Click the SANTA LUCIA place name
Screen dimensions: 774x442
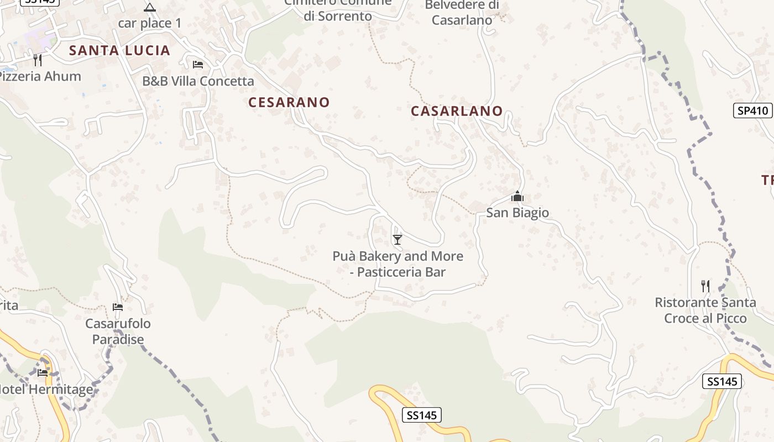(119, 51)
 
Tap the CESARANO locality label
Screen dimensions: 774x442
(289, 102)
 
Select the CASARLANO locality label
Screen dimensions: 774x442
(457, 111)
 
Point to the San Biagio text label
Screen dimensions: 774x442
(517, 213)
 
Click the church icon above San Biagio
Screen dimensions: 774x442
(517, 197)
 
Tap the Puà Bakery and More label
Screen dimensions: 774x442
(398, 264)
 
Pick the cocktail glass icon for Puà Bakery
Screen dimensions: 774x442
(397, 239)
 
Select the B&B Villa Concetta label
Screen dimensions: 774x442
(198, 81)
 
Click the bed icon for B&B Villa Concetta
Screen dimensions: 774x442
(198, 64)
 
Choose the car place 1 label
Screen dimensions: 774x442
(150, 23)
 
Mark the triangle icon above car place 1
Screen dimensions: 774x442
(150, 7)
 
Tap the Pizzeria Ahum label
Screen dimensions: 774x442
(40, 76)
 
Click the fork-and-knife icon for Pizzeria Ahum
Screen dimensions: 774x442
(38, 60)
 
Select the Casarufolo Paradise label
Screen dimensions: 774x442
(118, 331)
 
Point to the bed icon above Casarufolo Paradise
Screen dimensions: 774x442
(118, 307)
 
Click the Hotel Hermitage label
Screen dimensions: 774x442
(46, 390)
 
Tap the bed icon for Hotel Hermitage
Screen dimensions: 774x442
(43, 372)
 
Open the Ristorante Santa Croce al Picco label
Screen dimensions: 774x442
(705, 311)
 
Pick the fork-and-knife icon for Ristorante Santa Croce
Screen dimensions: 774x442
(705, 286)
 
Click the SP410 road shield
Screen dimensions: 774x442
(752, 110)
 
